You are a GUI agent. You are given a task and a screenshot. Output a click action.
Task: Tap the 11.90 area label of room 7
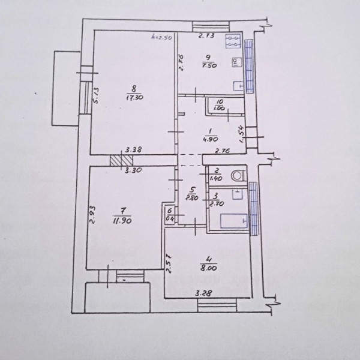point(122,220)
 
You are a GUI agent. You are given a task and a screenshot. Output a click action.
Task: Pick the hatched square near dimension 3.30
point(121,161)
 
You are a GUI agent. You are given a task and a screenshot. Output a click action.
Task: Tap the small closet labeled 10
point(219,106)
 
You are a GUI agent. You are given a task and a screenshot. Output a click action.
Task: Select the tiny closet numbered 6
point(170,215)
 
